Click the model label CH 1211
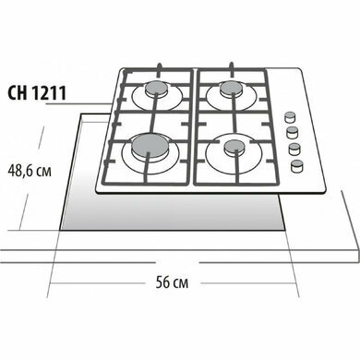37,93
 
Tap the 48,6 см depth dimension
30,171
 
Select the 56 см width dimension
172,282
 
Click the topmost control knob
289,116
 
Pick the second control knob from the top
293,133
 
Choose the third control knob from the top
294,149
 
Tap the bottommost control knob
297,166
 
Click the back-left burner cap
157,90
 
